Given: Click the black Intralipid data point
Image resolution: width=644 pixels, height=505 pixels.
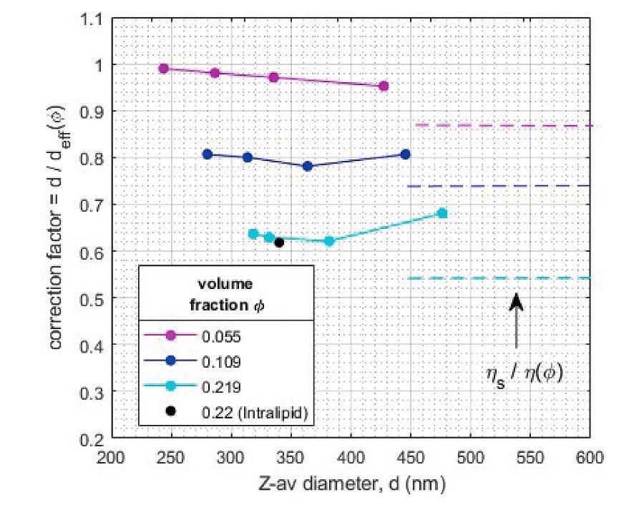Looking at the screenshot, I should tap(279, 242).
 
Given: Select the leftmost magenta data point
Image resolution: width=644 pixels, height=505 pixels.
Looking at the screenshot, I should tap(164, 69).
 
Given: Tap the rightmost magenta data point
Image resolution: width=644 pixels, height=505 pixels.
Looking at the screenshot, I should tap(384, 86).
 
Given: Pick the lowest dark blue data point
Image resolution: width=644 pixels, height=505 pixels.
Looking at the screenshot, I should tap(308, 166).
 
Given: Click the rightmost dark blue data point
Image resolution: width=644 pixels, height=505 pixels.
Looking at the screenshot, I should tap(406, 154).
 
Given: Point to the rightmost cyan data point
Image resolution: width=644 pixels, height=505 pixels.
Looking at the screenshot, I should tap(442, 213).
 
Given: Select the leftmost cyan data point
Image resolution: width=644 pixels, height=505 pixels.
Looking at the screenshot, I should tap(253, 234).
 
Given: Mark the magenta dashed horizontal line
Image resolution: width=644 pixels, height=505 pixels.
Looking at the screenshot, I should tap(501, 126).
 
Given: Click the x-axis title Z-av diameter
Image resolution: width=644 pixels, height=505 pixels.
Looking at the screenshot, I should tap(350, 484).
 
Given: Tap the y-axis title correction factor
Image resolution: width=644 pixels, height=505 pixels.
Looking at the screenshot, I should tap(58, 232).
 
